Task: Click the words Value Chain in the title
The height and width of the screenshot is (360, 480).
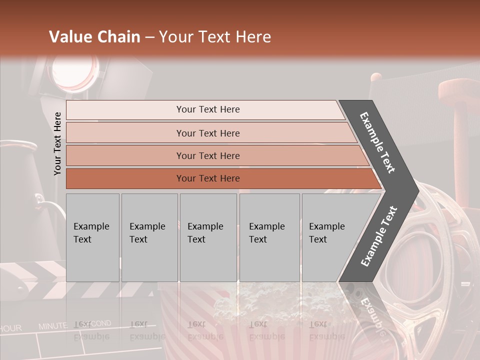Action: [94, 37]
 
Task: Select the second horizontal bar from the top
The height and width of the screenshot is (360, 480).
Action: [208, 133]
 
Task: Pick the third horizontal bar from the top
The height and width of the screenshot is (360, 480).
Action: [208, 155]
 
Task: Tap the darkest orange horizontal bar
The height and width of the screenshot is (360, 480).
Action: [208, 178]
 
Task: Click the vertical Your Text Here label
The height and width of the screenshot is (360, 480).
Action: [57, 143]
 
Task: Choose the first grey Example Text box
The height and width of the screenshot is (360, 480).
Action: [92, 237]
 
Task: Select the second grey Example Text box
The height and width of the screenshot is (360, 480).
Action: [149, 237]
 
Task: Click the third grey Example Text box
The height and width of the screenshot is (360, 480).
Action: [208, 237]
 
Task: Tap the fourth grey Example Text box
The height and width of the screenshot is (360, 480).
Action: [269, 237]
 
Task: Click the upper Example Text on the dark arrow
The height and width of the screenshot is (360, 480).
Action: [378, 142]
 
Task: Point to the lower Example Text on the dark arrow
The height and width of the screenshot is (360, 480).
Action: [379, 236]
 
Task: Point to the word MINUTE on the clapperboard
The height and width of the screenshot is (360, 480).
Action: [52, 326]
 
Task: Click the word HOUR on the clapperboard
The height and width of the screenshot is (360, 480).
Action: [11, 328]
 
